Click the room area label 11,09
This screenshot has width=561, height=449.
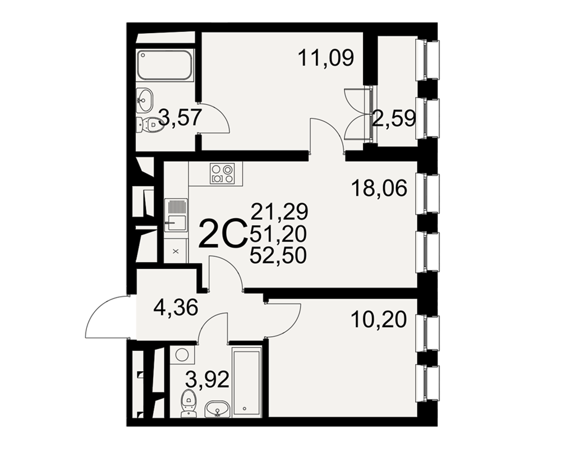coord(325,58)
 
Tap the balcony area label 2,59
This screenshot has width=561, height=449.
coord(394,118)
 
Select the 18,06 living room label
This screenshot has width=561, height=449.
coord(379,189)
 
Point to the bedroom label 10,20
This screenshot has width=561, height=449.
coord(379,320)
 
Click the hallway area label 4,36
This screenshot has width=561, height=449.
coord(175,308)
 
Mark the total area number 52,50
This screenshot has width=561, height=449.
coord(278,256)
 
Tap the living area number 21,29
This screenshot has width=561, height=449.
coord(279,211)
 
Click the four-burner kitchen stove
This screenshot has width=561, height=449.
coord(222,173)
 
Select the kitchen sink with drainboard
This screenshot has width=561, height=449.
coord(176,215)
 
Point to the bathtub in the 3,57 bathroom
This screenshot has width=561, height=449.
coord(165,65)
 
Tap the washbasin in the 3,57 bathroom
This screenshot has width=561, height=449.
coord(145,100)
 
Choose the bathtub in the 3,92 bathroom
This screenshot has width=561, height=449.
coord(246,382)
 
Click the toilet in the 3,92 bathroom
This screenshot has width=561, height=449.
coord(188,403)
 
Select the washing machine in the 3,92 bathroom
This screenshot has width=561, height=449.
coord(182,355)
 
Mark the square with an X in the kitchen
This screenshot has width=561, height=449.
coord(176,251)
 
